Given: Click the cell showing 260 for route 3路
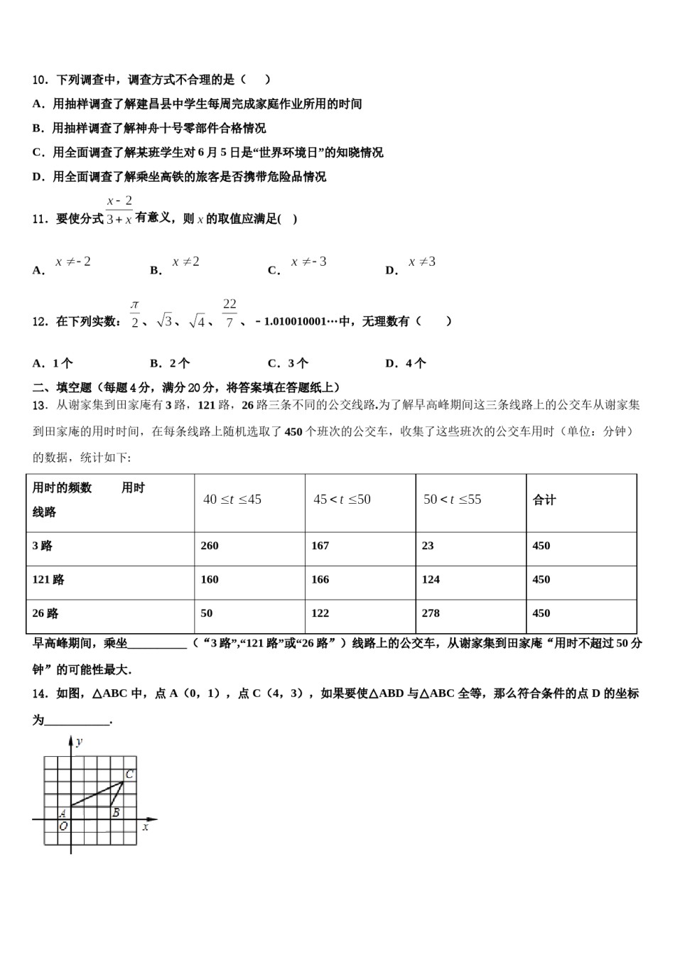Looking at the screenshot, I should coord(210,546).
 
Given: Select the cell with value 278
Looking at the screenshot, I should coord(431,613).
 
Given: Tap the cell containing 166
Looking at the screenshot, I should coord(320,579).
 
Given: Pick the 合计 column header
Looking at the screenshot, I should coord(544,500).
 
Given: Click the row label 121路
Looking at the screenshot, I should coord(48,579).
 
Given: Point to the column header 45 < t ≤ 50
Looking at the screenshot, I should coord(342,500).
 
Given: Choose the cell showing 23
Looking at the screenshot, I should coord(428,546).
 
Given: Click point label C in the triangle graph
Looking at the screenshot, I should coord(129,775).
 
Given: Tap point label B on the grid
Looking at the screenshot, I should coord(116,813).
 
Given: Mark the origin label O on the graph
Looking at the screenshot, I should coord(63,826).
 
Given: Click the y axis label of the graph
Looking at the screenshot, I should coord(79,742).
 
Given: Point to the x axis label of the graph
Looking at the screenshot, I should coord(146,827).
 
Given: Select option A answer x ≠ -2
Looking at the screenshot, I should coord(73,262).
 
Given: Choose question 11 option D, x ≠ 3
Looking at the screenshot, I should coord(422,262).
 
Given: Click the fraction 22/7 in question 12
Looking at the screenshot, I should coord(229,313).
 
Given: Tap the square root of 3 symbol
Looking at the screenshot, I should coord(164,321).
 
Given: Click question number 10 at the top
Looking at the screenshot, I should coord(40,80).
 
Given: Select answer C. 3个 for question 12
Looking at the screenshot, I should coord(288,363).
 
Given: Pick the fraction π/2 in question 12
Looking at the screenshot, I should coord(135,313).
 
